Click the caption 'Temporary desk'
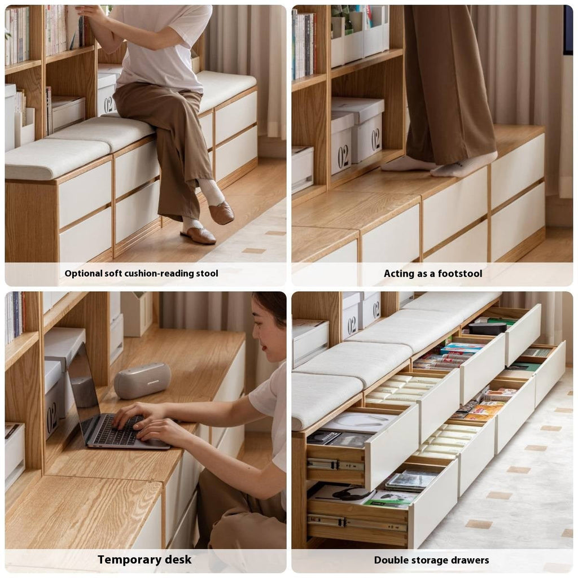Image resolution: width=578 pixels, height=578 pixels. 144,560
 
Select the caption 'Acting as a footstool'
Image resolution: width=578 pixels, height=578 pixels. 433,274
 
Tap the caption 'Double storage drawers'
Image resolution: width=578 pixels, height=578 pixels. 431,560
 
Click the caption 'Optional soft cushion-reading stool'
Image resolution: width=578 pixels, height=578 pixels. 141,274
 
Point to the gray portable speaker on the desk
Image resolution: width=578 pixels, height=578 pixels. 142,380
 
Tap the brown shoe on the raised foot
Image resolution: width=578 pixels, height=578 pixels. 221,213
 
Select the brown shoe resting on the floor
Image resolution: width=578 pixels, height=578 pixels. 198,235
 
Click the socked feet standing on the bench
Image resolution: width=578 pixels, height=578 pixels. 440,164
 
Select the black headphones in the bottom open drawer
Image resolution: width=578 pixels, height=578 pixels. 350,494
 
